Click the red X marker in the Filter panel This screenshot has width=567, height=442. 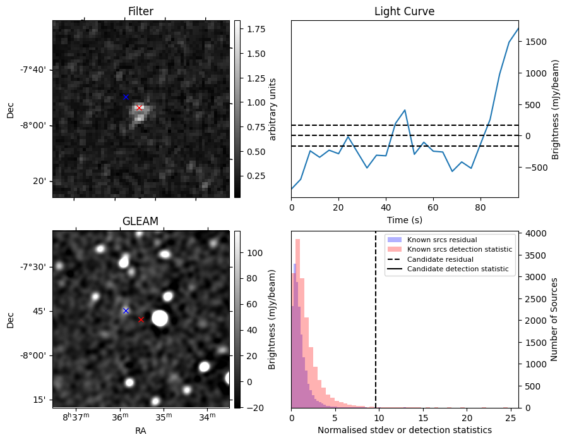click(139, 107)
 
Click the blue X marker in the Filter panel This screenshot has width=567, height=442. click(126, 97)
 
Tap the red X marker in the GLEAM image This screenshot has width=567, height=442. click(141, 319)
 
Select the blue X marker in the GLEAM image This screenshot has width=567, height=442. click(126, 310)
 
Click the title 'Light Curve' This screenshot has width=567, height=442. click(404, 11)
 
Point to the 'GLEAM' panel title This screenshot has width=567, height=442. click(140, 221)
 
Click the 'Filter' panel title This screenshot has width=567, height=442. click(140, 11)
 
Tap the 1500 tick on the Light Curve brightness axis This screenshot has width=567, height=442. click(533, 42)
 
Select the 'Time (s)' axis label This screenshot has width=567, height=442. click(404, 219)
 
